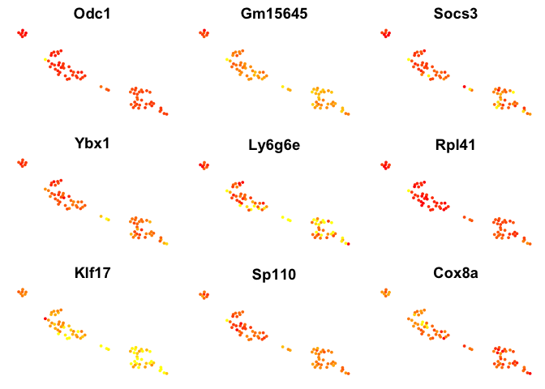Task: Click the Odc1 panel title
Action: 92,14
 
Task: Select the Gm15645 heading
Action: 274,14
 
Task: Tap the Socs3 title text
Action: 455,14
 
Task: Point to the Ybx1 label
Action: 92,143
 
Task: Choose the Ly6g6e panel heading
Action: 274,145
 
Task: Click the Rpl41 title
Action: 455,145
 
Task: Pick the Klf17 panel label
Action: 92,273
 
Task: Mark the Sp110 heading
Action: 274,275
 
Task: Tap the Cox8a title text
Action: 455,273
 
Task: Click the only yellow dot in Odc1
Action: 45,60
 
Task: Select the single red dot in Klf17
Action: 45,318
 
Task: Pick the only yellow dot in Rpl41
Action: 409,190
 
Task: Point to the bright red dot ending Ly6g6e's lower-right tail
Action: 348,244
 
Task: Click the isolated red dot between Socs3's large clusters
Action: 465,87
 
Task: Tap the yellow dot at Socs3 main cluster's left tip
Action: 409,60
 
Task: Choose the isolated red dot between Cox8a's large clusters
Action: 465,346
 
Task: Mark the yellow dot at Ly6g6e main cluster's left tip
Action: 226,190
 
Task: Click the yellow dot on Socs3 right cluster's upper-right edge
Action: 513,92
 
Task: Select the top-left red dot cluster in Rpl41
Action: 386,165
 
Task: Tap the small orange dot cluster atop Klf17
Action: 23,293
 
